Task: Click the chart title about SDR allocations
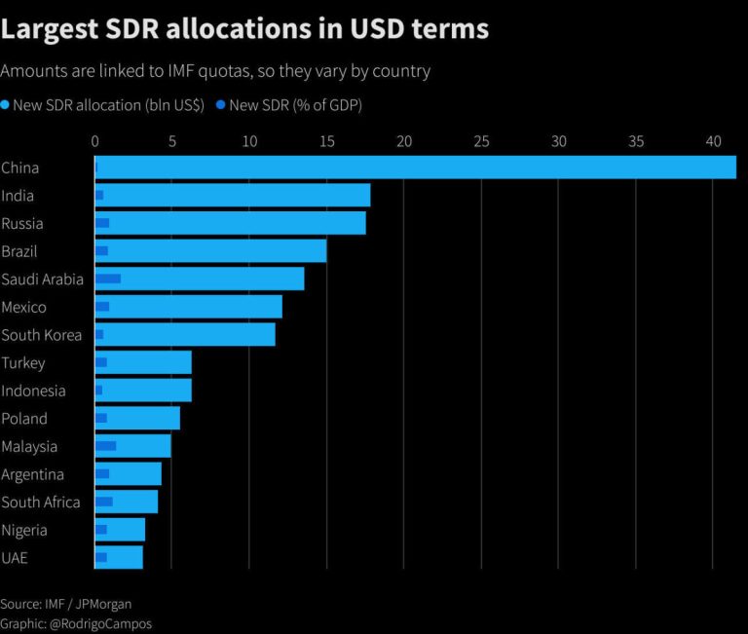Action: (245, 29)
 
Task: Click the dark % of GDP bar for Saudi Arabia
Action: (108, 279)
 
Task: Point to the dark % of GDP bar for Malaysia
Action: (105, 446)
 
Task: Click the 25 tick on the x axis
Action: (481, 141)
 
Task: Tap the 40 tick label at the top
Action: (713, 141)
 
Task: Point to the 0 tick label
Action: (94, 141)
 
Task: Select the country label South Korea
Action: (42, 335)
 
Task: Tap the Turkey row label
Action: (23, 363)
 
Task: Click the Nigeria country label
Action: (25, 530)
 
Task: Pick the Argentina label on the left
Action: (33, 474)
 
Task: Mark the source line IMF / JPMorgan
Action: (65, 604)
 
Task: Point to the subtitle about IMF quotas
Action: (216, 71)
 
